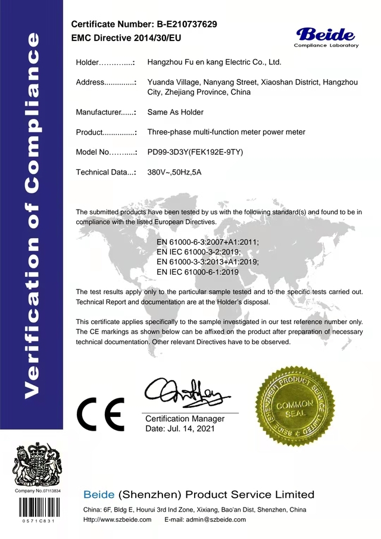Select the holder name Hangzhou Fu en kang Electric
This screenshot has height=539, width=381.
tap(214, 62)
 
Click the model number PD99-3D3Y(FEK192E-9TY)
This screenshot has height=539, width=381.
tap(195, 152)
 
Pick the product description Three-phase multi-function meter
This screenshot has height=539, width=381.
tap(226, 132)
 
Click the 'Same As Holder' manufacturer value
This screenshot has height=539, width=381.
tap(175, 112)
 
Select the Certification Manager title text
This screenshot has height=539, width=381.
tap(185, 419)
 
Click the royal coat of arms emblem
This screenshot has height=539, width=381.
tap(39, 464)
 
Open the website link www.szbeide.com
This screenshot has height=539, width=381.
tap(127, 520)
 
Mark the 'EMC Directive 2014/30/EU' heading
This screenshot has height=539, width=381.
tap(126, 38)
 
